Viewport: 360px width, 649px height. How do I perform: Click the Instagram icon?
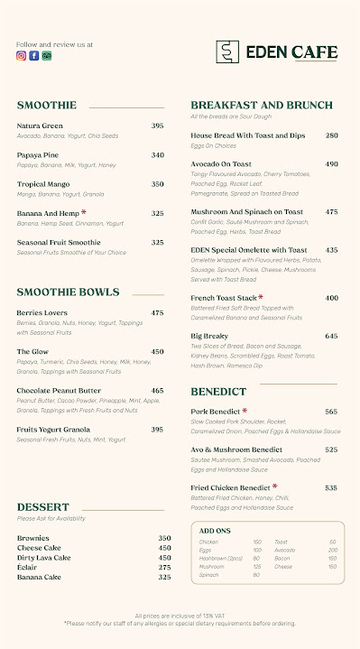coord(21,55)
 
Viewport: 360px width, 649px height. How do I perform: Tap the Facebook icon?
coord(33,55)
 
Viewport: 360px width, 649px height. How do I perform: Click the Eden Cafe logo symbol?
coord(228,51)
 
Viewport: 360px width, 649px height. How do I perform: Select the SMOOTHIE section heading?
coord(46,106)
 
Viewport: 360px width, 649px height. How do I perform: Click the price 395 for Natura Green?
coord(157,125)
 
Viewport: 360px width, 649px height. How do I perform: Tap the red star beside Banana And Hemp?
coord(84,212)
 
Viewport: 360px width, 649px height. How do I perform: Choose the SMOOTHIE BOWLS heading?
coord(68,292)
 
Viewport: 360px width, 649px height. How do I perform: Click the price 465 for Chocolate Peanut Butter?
coord(157,391)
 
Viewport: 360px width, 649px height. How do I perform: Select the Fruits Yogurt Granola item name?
coord(53,429)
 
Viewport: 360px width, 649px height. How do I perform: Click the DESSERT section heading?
coord(42,507)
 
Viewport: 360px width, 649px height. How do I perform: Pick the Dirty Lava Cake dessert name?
coord(44,558)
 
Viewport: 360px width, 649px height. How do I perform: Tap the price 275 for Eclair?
coord(164,567)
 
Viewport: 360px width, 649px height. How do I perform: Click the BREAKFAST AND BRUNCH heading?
coord(261,106)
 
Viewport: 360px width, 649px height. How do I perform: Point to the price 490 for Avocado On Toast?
coord(331,164)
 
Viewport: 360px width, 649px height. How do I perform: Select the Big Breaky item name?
coord(209,336)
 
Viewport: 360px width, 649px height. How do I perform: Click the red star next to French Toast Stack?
coord(261,296)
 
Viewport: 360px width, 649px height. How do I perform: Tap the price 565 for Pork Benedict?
coord(331,411)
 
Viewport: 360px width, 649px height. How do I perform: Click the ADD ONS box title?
coord(214,531)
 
